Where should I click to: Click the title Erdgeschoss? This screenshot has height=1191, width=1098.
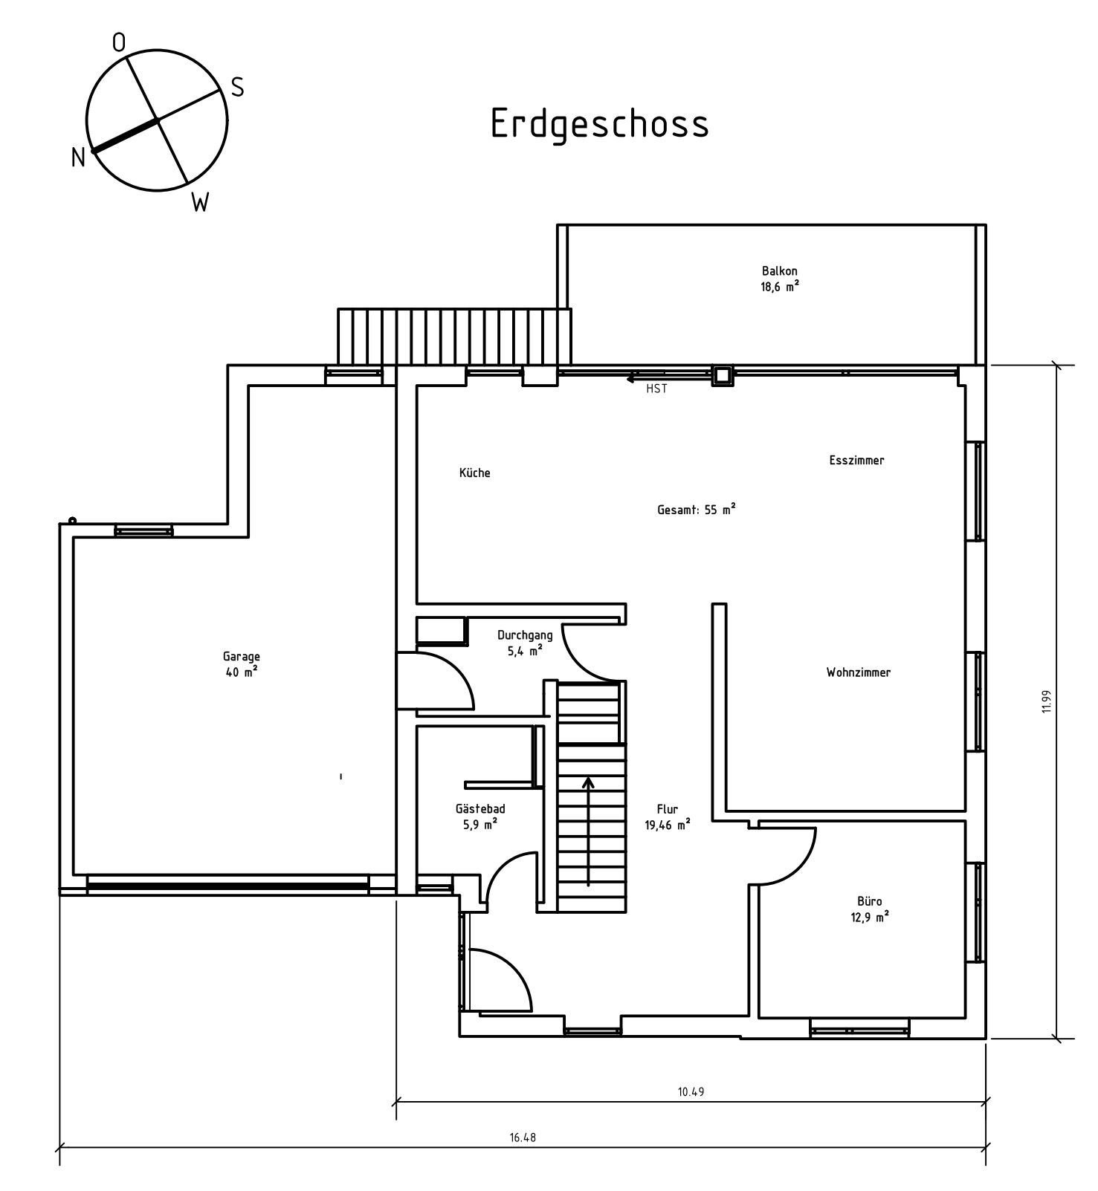click(x=599, y=124)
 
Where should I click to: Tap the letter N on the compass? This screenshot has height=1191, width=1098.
click(x=78, y=158)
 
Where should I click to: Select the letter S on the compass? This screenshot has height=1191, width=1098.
click(x=237, y=88)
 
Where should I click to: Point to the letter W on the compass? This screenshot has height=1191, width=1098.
click(x=200, y=202)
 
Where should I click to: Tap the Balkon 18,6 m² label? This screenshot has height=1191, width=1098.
click(x=779, y=279)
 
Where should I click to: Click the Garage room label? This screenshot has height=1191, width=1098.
click(x=241, y=664)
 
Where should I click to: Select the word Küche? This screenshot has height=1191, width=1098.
click(x=474, y=473)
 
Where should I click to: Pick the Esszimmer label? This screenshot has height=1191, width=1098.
click(x=856, y=460)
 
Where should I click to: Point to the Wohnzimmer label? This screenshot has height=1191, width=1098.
click(x=858, y=672)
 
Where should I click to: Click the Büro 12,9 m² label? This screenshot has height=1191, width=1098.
click(x=868, y=909)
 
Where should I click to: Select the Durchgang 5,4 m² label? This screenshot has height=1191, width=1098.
click(x=525, y=642)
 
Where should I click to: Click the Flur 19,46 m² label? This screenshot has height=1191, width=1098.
click(x=668, y=817)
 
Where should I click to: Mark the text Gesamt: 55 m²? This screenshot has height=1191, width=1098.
click(x=697, y=510)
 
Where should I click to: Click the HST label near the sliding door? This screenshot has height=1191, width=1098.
click(x=656, y=389)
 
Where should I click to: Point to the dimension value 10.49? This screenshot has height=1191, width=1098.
click(x=690, y=1091)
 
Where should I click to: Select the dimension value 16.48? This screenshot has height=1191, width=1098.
click(x=523, y=1137)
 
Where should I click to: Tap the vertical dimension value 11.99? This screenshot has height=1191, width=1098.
click(x=1046, y=702)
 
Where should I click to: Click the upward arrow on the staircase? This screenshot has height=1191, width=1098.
click(x=588, y=831)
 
